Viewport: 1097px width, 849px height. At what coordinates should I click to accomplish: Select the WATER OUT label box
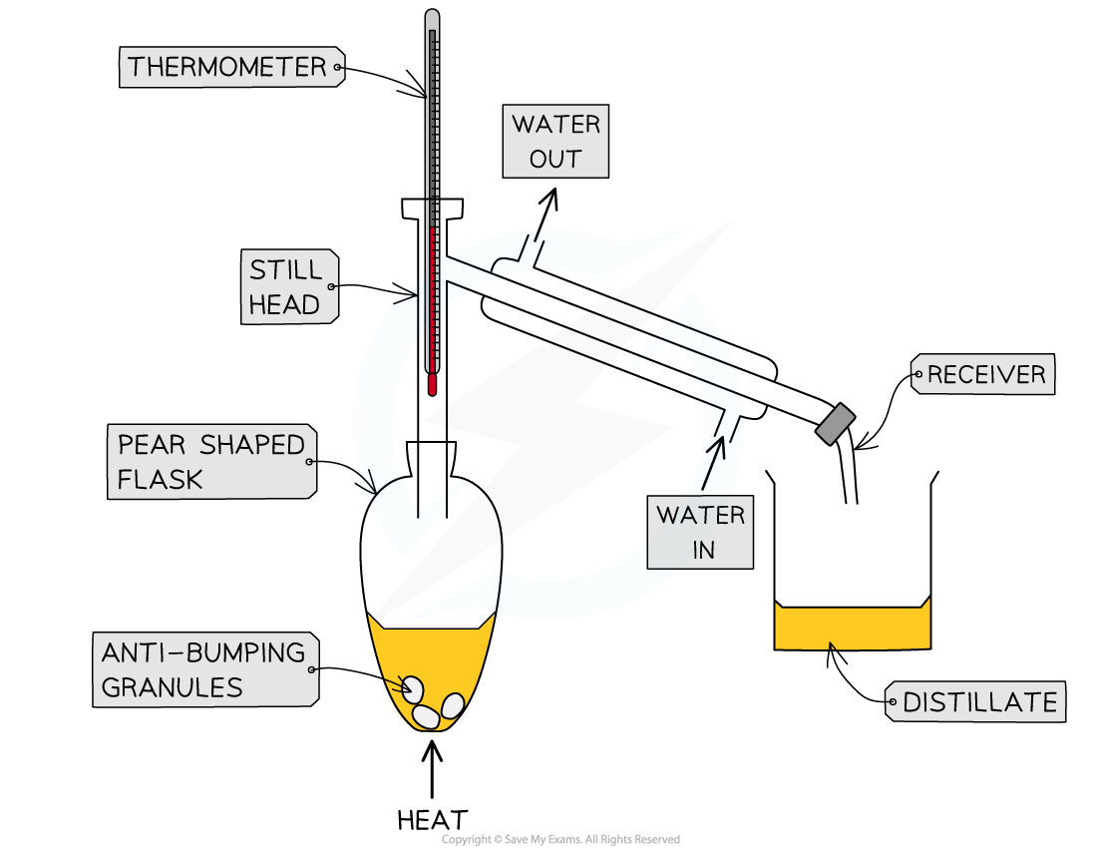coord(555,142)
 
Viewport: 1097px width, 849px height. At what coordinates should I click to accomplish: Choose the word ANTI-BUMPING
coord(202,653)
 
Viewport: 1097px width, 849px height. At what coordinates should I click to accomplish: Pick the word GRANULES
coord(172,687)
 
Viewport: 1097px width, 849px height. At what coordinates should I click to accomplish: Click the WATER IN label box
coord(699,533)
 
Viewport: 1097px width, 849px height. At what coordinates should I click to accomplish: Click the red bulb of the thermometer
coord(432,384)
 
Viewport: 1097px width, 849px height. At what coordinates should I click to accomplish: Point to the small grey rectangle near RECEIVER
coord(836,424)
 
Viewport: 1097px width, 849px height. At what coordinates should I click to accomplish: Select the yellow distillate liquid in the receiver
coord(852,629)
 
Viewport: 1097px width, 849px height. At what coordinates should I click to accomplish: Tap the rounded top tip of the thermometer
coord(432,16)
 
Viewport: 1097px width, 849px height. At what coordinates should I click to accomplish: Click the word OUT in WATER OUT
coord(555,160)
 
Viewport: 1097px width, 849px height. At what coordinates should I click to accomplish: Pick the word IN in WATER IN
coord(703,551)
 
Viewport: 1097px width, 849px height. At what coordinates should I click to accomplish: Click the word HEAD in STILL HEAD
coord(284,305)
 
